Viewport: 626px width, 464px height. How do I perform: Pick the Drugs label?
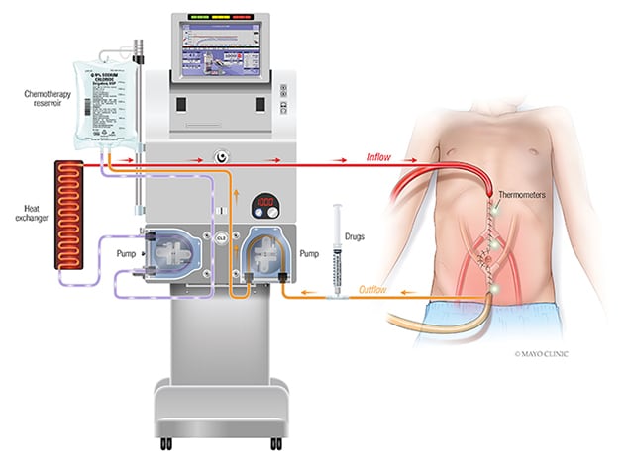(x=355, y=237)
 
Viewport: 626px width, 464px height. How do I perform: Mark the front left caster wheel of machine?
(x=158, y=440)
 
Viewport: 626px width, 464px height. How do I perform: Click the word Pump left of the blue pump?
(x=125, y=254)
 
